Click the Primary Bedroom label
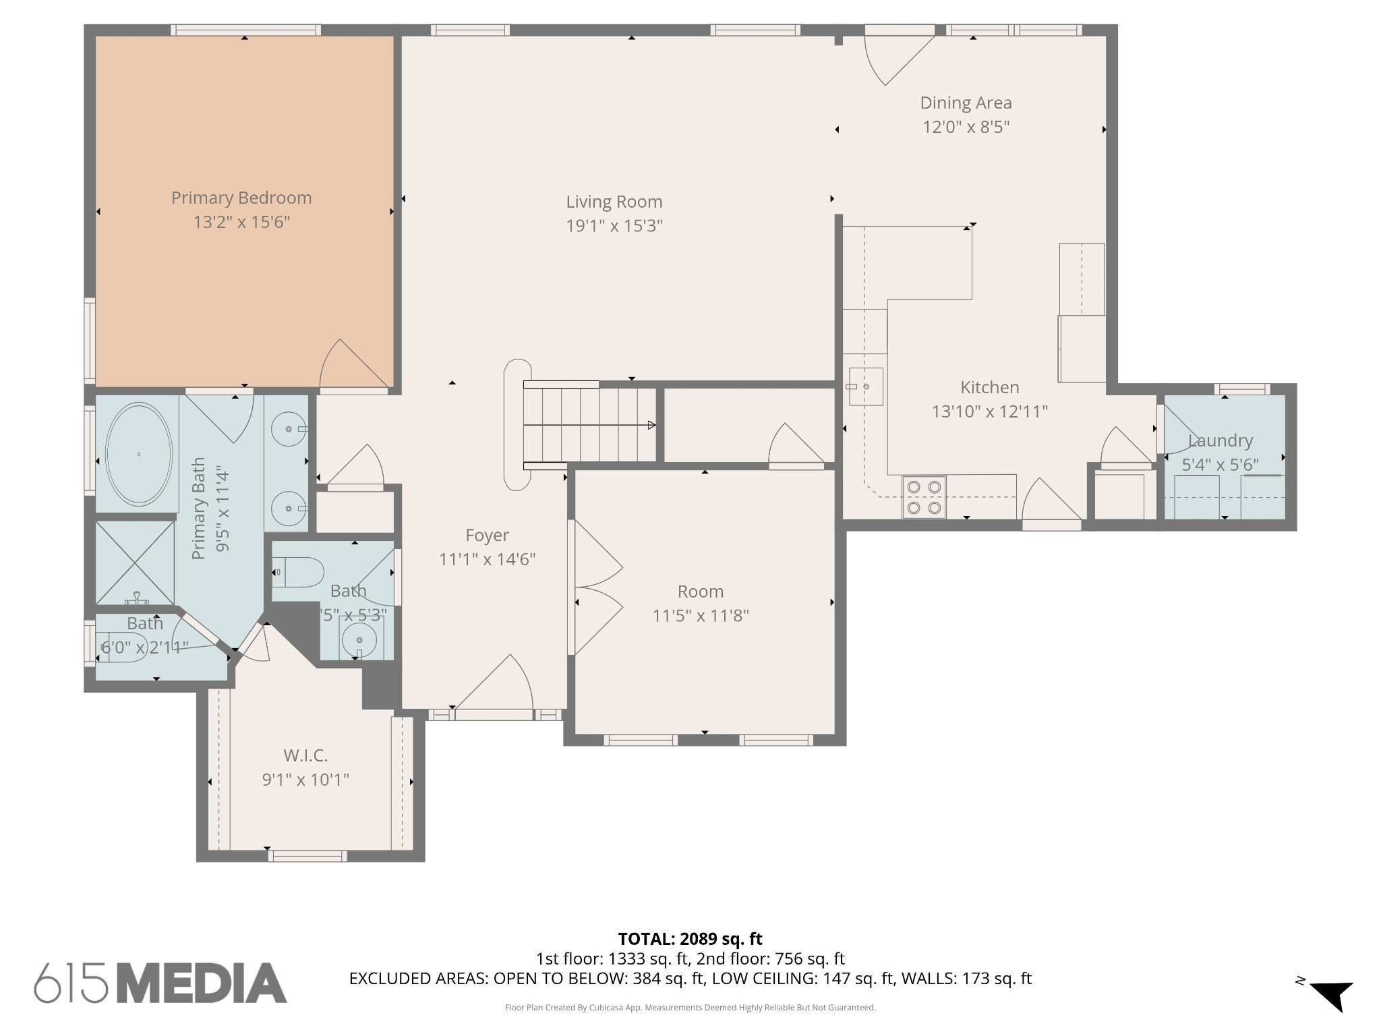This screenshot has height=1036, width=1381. [241, 198]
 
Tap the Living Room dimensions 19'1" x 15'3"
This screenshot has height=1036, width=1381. [614, 226]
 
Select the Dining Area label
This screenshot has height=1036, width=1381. [966, 103]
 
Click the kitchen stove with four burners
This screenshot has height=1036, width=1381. [924, 498]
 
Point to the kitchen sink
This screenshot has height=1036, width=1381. [865, 386]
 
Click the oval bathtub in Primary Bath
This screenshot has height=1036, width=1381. [139, 454]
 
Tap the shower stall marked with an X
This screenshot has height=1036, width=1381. [135, 562]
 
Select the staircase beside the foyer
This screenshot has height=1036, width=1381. [589, 425]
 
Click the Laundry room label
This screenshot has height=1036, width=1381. [1220, 440]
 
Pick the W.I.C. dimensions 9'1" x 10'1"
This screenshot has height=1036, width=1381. [305, 780]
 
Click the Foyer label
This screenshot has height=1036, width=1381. [487, 536]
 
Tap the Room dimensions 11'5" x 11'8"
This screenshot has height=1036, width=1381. [701, 616]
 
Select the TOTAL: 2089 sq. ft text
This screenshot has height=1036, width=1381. [690, 939]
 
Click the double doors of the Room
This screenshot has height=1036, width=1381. [597, 587]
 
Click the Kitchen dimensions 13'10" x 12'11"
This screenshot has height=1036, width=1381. [989, 411]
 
